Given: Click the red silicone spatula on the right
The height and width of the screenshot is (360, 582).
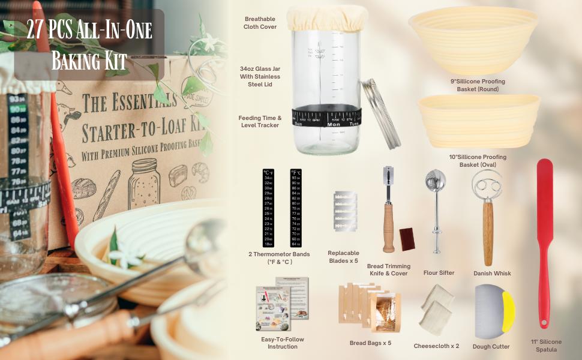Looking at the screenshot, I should [544, 240].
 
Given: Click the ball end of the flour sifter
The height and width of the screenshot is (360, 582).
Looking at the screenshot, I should [434, 183].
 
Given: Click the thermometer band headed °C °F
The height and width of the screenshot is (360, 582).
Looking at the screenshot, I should [268, 208].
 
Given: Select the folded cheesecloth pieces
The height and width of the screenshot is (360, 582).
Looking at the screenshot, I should [436, 309].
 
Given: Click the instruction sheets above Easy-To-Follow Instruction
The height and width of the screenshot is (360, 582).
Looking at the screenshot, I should [282, 303].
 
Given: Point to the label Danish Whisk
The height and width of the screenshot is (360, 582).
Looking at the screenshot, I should [492, 273].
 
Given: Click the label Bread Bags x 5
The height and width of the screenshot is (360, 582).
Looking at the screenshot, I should [370, 343].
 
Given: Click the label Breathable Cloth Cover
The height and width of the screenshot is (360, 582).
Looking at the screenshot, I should [260, 23].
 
